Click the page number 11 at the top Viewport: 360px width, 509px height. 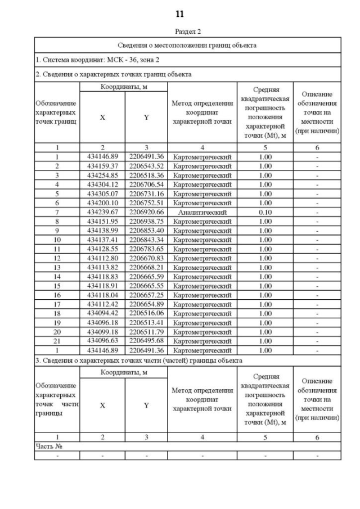point(180,13)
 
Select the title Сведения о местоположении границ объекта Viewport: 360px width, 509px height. point(188,45)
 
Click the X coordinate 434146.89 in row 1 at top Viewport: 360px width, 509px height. point(102,156)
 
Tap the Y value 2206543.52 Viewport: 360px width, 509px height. point(146,166)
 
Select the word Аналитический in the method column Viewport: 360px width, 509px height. point(202,212)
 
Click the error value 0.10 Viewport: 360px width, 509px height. point(265,212)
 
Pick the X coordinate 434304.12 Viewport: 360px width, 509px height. point(102,184)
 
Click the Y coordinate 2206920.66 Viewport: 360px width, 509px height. point(146,212)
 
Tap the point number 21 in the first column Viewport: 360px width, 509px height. point(57,341)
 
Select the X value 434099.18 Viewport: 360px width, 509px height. point(102,332)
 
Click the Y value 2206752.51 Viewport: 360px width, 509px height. point(146,202)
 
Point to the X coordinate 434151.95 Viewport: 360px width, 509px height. point(102,221)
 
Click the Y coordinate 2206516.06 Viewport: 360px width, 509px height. point(146,313)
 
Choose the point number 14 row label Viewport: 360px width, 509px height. point(57,276)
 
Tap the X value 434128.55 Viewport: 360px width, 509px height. point(102,249)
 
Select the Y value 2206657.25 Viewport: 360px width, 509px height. point(146,295)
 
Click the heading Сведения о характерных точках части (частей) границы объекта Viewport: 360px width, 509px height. point(139,359)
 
